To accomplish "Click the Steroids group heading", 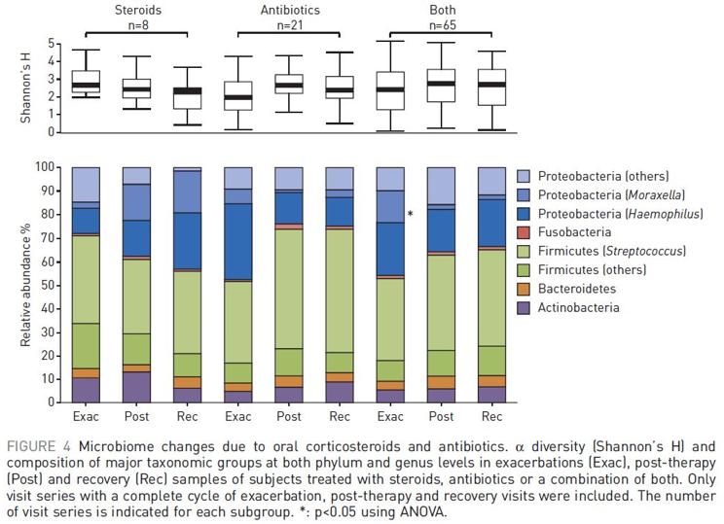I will tap(136, 9).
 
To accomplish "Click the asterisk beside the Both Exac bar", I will tap(412, 214).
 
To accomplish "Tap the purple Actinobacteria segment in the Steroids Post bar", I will tap(136, 386).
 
